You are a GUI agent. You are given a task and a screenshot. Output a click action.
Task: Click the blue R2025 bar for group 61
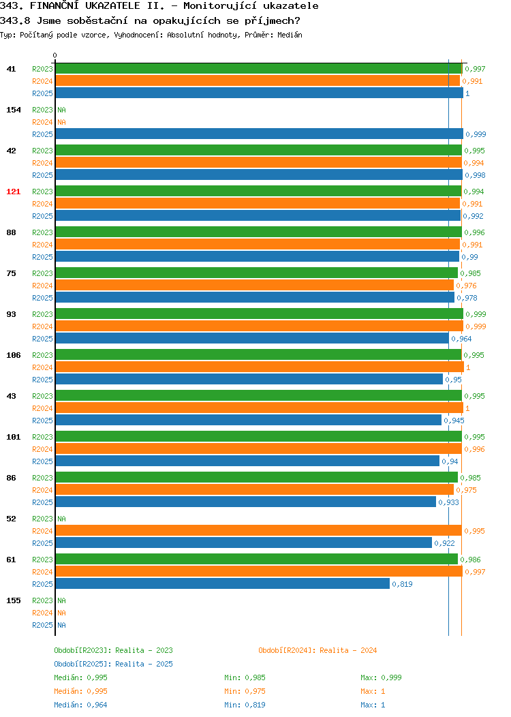223,583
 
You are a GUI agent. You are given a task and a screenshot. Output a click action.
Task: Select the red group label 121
13,192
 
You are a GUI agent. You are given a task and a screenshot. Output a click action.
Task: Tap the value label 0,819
402,584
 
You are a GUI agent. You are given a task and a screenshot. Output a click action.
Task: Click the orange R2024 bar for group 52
259,530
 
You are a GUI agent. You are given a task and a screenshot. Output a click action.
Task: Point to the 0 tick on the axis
55,55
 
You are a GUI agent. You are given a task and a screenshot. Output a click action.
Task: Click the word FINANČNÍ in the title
55,6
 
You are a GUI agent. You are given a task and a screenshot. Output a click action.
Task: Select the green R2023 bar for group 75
256,273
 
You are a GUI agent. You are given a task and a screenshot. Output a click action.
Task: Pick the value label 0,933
448,502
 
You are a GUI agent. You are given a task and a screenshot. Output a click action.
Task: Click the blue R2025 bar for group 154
259,134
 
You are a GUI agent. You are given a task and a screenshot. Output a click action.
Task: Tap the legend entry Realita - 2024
348,650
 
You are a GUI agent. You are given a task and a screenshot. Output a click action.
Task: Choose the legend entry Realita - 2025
144,664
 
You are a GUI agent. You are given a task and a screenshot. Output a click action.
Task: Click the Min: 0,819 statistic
245,705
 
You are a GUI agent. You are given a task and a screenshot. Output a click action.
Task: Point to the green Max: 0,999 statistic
381,677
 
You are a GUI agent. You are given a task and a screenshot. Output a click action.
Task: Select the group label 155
13,600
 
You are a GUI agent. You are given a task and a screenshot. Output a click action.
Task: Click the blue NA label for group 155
62,625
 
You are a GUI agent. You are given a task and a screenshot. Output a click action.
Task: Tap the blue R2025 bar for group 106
249,379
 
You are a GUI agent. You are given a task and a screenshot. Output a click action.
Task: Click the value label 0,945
454,421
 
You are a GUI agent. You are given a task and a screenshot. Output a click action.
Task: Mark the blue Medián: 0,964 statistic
80,705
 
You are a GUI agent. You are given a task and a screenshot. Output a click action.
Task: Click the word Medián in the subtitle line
290,35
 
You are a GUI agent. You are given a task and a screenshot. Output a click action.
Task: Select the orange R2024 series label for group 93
42,326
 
